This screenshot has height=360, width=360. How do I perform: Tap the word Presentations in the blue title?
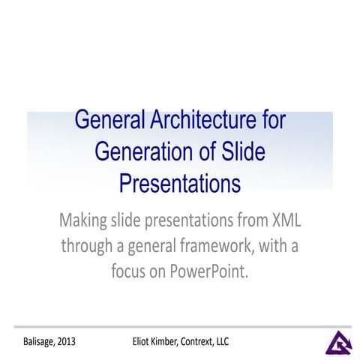pos(180,182)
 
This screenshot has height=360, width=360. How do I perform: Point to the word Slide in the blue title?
pos(240,151)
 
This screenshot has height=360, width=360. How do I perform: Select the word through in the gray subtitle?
pos(88,246)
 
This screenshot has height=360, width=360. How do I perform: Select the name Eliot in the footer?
pos(138,342)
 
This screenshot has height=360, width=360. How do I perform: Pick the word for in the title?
pos(270,121)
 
